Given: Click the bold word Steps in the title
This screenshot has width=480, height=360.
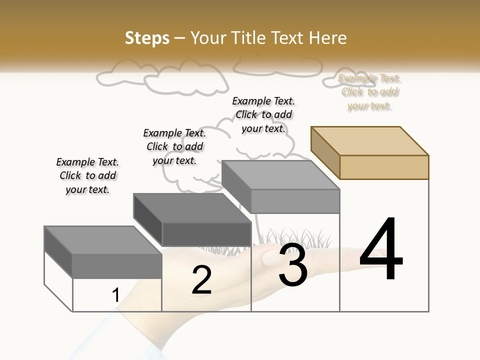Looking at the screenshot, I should coord(147,38).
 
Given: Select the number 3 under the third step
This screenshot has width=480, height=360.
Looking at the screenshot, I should coord(293,265).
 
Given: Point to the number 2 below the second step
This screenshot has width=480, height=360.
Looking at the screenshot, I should coord(201,280).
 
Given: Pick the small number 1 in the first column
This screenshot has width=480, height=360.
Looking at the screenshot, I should coord(116,295).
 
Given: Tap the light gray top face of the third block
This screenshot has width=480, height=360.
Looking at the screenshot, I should coord(280,174).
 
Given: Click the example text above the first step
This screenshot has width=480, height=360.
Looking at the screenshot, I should coord(87,175).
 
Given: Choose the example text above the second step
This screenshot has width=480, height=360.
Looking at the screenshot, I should coord(174,146).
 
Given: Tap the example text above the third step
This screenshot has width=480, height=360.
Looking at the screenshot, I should coord(263,114).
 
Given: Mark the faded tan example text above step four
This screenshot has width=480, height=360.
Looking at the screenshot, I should coord(369,92).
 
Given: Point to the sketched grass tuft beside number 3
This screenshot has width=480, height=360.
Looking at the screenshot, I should coord(315,237).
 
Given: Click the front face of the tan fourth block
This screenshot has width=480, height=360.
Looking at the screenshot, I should coord(384,167).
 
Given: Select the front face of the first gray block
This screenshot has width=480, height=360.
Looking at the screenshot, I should coord(117,266).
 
